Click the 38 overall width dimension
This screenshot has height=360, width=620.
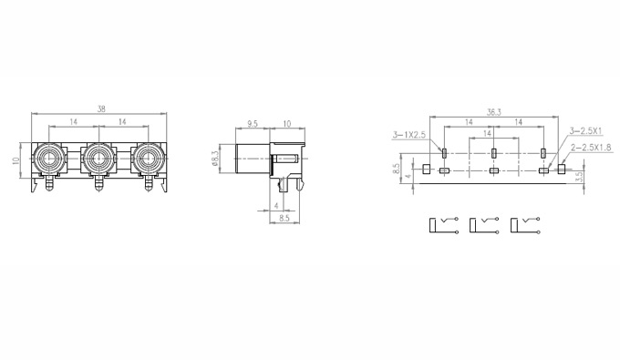(x=101, y=109)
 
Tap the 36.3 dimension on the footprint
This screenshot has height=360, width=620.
(x=493, y=112)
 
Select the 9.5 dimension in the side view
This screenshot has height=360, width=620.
(x=253, y=124)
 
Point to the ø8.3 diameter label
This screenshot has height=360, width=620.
(x=215, y=159)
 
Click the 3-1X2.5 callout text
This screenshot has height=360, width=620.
(x=408, y=135)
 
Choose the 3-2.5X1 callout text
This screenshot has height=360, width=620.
(x=585, y=130)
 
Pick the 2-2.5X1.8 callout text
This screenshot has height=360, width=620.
(x=591, y=148)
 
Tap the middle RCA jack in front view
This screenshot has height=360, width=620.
(x=98, y=159)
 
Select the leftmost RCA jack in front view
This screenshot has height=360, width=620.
(x=48, y=159)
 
